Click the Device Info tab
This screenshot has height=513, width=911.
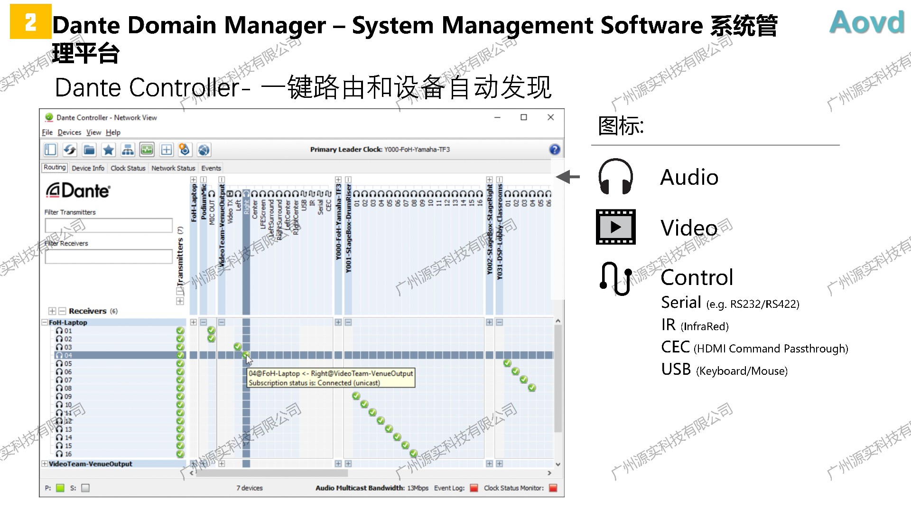[x=88, y=168]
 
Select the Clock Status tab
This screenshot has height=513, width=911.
[x=128, y=168]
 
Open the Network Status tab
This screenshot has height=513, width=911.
[x=173, y=168]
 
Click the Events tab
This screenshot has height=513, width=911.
[x=211, y=168]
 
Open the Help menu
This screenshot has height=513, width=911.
[x=113, y=133]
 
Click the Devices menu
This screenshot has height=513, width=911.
[x=69, y=133]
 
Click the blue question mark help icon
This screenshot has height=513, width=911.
[x=554, y=150]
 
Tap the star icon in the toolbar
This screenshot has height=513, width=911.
[x=109, y=150]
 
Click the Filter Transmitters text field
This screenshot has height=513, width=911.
[x=109, y=225]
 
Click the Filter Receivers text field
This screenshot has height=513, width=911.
[x=109, y=256]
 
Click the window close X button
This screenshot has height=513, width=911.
[x=550, y=117]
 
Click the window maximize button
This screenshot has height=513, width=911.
[x=524, y=117]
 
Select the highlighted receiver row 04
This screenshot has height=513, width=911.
[x=68, y=355]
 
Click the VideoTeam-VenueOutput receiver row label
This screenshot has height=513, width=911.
[x=90, y=464]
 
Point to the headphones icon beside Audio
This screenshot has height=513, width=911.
[x=615, y=177]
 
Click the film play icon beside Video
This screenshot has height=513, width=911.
[x=615, y=227]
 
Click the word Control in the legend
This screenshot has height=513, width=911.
[x=697, y=277]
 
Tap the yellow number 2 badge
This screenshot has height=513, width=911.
[x=30, y=22]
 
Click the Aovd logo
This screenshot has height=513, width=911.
[x=866, y=22]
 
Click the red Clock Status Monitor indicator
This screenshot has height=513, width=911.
[x=553, y=488]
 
